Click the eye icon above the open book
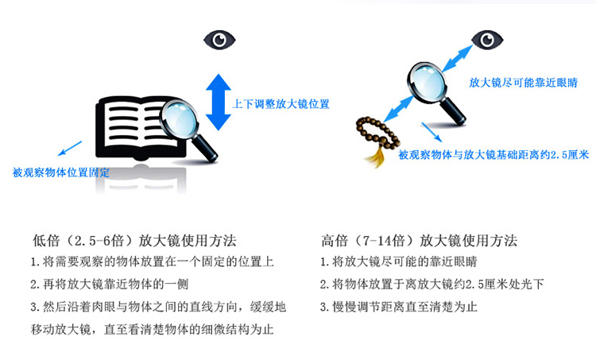pos(219,40)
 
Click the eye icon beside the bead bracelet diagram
pos(487,40)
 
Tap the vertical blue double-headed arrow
pos(219,103)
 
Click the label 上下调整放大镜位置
pos(281,104)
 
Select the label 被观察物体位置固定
pos(61,172)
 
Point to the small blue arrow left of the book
pos(70,149)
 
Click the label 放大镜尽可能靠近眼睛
pos(523,83)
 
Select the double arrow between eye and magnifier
pos(457,59)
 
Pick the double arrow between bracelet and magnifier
pos(398,109)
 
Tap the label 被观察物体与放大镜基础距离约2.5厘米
pos(493,154)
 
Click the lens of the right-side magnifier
pos(428,83)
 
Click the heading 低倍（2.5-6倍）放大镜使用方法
pos(134,241)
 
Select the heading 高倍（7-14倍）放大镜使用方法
pos(420,241)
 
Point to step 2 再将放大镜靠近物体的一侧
pos(110,284)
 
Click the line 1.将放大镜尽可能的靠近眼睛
pos(398,261)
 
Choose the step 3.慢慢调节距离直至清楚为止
pos(398,307)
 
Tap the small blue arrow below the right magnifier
pos(432,132)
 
